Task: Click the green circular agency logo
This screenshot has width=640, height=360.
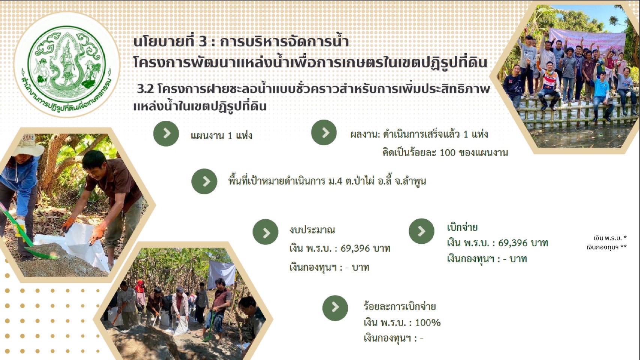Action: coord(67,64)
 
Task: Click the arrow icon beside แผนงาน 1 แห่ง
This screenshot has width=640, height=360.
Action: coord(166,133)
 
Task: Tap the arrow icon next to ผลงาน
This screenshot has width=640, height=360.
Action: coord(324,132)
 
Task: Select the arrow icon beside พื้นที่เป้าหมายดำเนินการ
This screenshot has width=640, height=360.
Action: coord(204,181)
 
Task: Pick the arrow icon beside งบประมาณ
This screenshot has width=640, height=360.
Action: coord(266,232)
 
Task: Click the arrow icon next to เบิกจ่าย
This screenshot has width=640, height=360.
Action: coord(422,231)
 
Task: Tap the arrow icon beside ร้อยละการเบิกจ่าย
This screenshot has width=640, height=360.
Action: coord(335,308)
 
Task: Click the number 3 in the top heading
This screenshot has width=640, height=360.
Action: coord(203,42)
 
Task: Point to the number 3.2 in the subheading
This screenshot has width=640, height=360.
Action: coord(146,89)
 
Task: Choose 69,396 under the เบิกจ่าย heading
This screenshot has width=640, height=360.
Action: coord(513,243)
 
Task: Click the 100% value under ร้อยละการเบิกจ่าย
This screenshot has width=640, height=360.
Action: coord(428,322)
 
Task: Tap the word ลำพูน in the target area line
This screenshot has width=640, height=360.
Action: coord(415,181)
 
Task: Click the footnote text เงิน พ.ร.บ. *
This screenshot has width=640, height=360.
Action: coord(610,238)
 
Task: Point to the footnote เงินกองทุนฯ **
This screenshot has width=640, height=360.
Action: coord(607,247)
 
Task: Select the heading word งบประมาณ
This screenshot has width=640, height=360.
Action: coord(312,230)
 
